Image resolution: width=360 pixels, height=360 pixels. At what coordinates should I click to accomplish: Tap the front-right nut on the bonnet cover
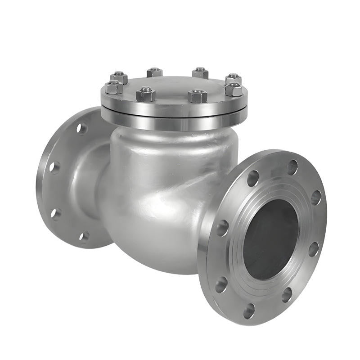pyautogui.click(x=198, y=95)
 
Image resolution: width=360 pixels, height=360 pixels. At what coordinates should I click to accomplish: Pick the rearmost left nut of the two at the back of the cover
pyautogui.click(x=154, y=72)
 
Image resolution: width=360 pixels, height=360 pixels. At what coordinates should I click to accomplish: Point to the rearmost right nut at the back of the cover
pyautogui.click(x=200, y=72)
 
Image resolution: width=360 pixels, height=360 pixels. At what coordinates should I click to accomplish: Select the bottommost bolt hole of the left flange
pyautogui.click(x=84, y=237)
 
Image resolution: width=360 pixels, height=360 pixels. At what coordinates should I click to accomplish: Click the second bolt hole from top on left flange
pyautogui.click(x=54, y=167)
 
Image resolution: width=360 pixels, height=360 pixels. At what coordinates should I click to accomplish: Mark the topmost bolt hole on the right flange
pyautogui.click(x=292, y=167)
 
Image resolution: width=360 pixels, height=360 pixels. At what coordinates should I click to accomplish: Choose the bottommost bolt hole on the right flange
pyautogui.click(x=249, y=310)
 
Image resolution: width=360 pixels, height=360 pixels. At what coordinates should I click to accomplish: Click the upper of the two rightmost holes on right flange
pyautogui.click(x=316, y=197)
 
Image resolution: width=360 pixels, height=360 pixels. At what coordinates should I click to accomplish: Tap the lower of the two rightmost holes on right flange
pyautogui.click(x=314, y=249)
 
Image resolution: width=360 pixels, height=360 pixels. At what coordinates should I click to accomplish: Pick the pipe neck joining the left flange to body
pyautogui.click(x=90, y=180)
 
